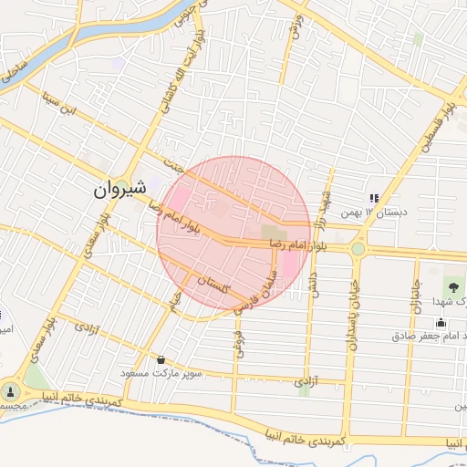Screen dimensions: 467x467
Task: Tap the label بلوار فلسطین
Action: click(437, 128)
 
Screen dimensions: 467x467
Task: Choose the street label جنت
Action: click(174, 166)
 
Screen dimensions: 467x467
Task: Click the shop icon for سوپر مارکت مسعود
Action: click(161, 359)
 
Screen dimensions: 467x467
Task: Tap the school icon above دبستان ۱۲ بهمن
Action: click(373, 198)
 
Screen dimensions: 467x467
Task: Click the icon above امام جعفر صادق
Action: click(441, 321)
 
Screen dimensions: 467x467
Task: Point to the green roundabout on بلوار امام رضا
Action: click(358, 248)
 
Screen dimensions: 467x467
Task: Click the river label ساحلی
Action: click(13, 68)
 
